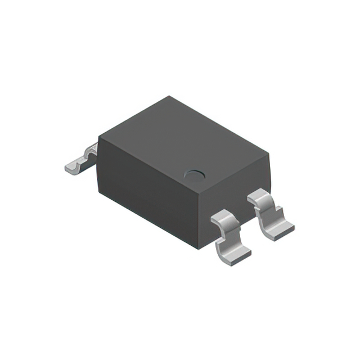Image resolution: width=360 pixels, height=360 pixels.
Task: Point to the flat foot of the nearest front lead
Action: tap(236, 255)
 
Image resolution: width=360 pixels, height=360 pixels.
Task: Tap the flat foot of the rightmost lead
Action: tap(280, 230)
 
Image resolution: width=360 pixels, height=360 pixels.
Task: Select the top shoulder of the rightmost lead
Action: tap(260, 195)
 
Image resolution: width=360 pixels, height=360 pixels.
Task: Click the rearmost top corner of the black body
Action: tap(168, 97)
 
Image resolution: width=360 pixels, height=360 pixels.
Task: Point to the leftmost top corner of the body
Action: tap(99, 137)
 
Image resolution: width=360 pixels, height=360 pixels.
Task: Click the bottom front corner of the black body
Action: tap(199, 247)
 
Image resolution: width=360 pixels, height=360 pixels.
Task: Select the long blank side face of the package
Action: tap(149, 191)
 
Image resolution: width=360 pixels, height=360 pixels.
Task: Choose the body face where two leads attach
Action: tap(236, 200)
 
